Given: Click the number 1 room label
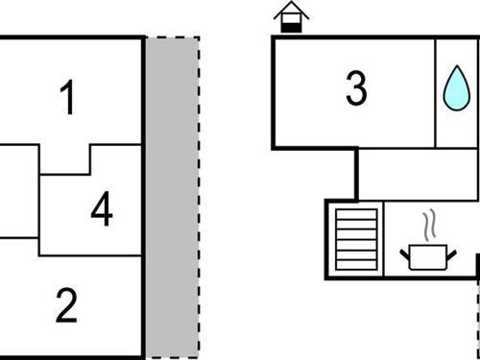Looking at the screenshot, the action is (x=66, y=100).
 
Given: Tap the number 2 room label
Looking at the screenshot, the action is (x=66, y=307).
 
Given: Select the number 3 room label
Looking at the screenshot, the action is (x=356, y=90).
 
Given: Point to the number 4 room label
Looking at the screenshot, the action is (x=101, y=211).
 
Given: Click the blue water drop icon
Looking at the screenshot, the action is (x=453, y=86).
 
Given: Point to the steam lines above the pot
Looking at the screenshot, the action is (x=429, y=226).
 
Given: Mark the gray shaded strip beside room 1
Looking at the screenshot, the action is (x=172, y=197).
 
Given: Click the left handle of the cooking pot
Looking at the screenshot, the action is (x=405, y=252).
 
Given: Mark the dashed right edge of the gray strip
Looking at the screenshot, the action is (x=199, y=197).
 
